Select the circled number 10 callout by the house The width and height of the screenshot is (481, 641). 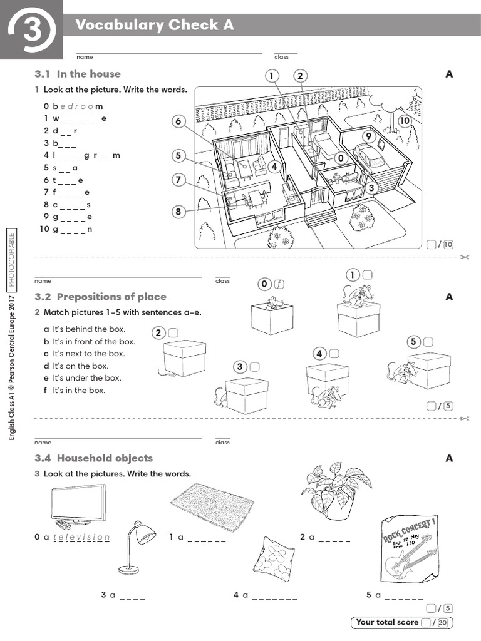[405, 120]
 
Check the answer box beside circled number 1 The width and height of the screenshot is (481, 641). [367, 274]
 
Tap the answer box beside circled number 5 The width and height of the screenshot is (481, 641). [428, 342]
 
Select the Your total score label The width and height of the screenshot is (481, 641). [387, 622]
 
